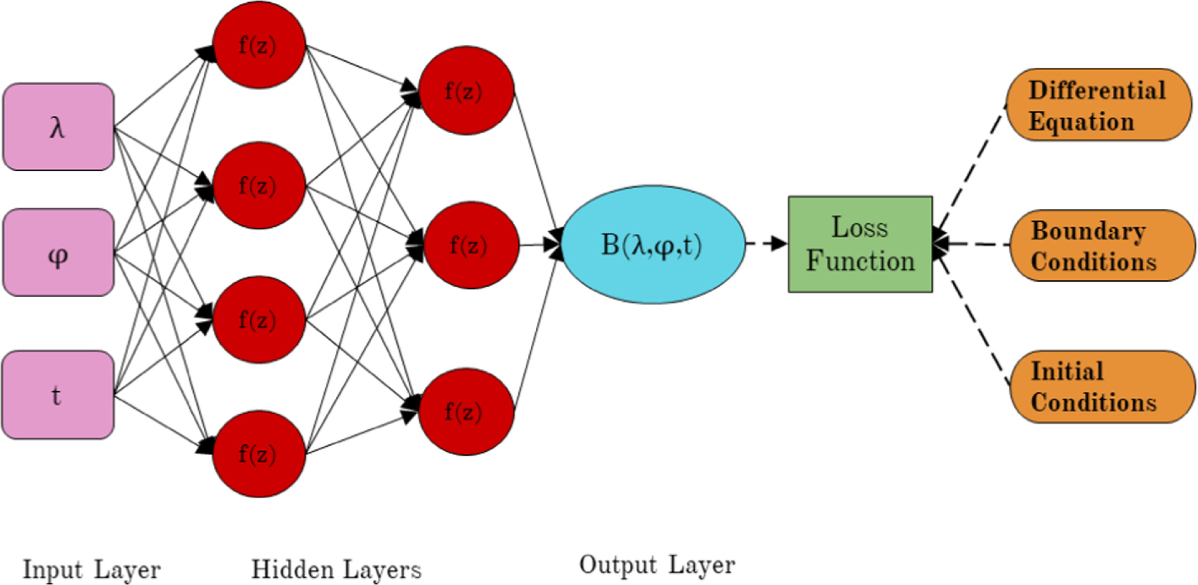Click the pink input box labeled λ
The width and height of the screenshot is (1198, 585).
coord(59,127)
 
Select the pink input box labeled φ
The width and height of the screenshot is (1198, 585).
coord(59,252)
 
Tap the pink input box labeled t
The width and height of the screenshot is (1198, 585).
coord(58,395)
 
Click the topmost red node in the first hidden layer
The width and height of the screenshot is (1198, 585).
coord(259,45)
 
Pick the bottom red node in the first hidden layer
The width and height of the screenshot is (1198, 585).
coord(259,454)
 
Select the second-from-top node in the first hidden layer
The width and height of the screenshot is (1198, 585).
coord(259,186)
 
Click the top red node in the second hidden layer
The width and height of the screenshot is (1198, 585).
coord(467,91)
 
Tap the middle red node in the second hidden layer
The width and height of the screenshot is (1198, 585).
coord(471,245)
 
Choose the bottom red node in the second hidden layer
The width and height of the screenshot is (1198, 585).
coord(467,412)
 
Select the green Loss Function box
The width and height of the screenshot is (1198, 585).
coord(860,244)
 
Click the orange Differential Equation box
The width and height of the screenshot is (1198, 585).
coord(1098,105)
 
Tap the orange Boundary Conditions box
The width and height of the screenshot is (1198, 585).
coord(1102,245)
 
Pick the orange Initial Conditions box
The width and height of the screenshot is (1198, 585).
coord(1102,387)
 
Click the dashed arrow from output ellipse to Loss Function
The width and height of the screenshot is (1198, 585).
coord(766,243)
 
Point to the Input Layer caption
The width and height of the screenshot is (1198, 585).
coord(92,570)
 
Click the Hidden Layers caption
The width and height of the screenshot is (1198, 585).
coord(336,570)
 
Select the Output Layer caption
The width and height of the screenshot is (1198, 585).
coord(657,565)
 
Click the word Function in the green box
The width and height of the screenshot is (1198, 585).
coord(860,261)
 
